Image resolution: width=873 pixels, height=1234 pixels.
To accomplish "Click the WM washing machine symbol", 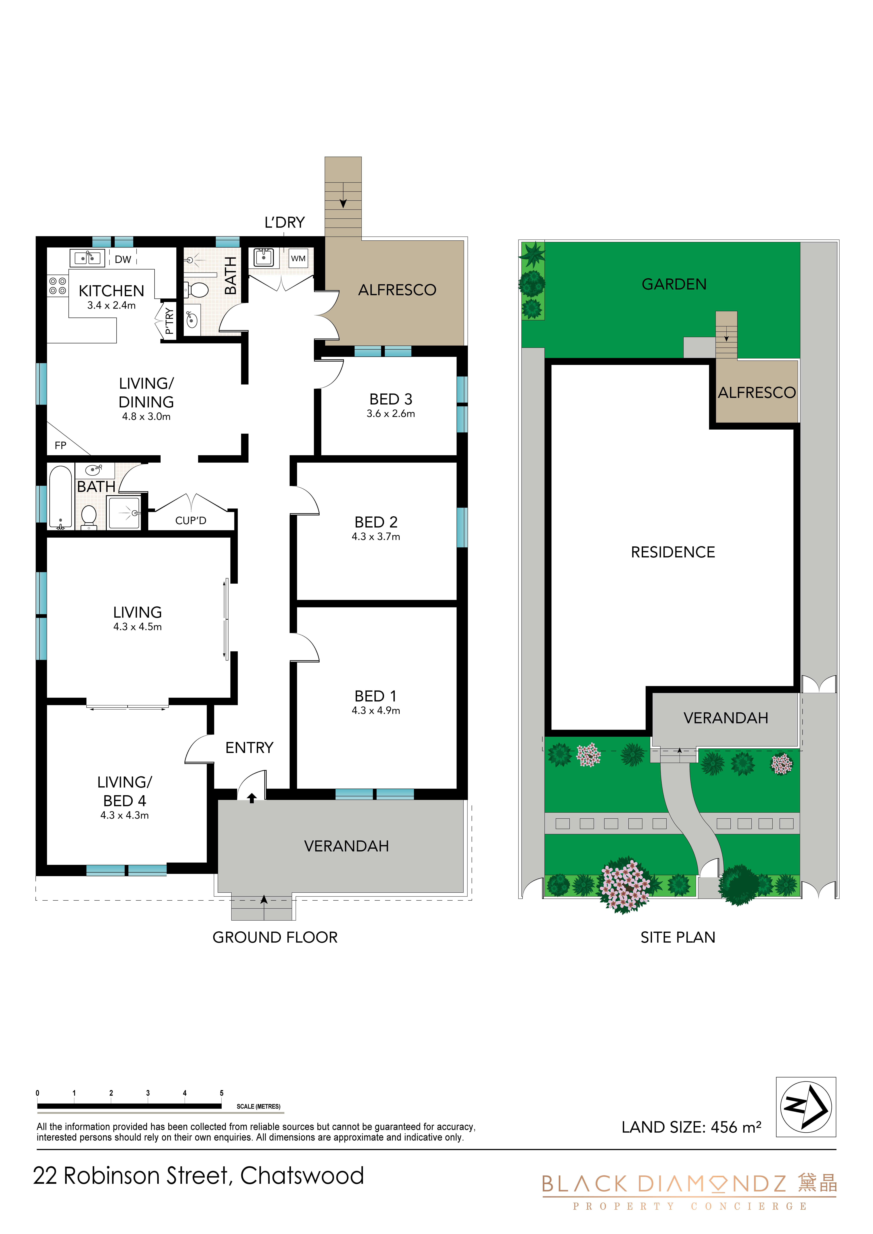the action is click(x=298, y=258).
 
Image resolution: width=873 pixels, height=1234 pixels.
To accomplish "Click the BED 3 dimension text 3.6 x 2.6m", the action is click(x=391, y=413).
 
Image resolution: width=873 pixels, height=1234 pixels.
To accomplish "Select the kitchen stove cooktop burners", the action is click(x=57, y=285).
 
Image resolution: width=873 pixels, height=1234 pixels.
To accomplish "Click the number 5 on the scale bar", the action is click(x=221, y=1093).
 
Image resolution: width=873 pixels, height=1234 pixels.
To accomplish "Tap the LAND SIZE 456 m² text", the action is click(x=691, y=1127).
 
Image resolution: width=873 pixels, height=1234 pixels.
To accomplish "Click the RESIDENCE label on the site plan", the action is click(x=673, y=552).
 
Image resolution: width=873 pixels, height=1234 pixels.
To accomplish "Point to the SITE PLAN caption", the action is click(x=678, y=937).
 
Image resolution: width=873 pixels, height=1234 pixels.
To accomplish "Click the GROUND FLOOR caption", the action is click(x=275, y=937).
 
